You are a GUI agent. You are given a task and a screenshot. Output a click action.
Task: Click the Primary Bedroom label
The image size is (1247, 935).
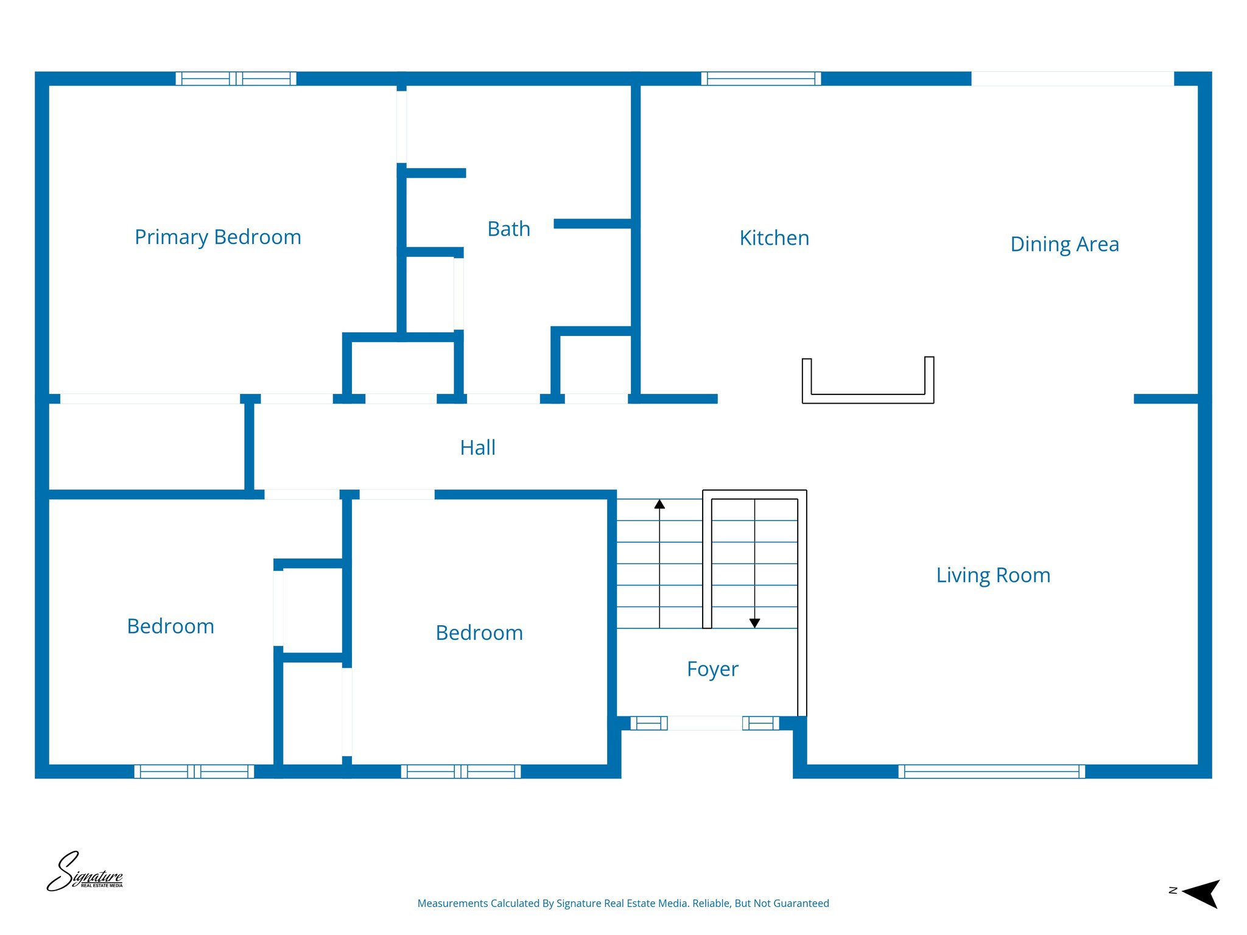[217, 237]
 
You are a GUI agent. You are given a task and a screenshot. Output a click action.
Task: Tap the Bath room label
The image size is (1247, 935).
[508, 229]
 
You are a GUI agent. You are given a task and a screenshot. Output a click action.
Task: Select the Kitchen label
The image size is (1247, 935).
[774, 238]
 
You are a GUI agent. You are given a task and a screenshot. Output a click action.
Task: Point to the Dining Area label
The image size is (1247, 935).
[1064, 244]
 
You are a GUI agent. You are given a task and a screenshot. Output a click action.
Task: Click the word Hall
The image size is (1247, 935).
[477, 447]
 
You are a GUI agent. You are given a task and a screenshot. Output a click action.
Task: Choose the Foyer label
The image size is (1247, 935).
[712, 668]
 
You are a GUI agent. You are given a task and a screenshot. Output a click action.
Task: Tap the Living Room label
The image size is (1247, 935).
[993, 575]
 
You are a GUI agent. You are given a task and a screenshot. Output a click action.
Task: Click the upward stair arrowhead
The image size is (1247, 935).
[659, 504]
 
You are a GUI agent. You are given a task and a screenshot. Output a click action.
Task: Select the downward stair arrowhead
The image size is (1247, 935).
[754, 623]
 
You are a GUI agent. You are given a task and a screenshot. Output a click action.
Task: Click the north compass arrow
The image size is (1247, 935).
[1201, 893]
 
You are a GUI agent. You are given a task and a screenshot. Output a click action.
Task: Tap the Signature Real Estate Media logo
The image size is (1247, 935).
[85, 872]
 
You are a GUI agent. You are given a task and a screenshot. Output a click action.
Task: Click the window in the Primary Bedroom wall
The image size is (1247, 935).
[236, 79]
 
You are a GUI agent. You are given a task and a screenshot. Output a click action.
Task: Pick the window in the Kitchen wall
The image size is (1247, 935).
[760, 79]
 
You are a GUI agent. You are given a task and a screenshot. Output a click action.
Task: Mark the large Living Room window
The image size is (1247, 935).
[991, 771]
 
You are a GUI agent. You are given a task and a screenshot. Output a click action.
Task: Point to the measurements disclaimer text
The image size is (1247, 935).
[623, 903]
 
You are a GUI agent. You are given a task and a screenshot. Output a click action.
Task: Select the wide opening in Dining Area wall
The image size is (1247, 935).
[1072, 79]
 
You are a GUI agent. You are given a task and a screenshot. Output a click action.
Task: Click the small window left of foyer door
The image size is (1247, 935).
[649, 723]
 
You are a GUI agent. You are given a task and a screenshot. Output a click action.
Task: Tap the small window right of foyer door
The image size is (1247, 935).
[760, 723]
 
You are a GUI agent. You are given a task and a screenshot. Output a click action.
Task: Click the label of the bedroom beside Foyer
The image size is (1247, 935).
[479, 633]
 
